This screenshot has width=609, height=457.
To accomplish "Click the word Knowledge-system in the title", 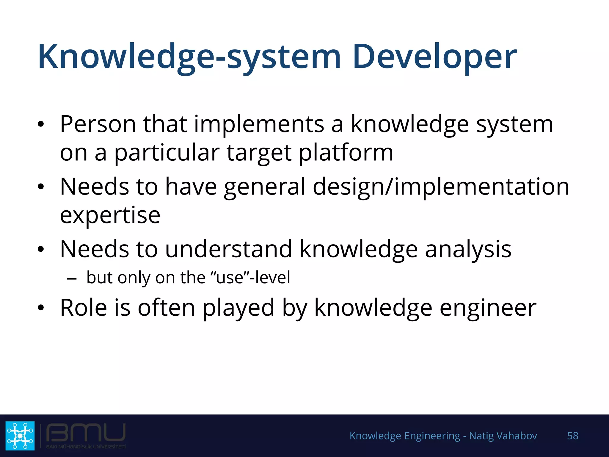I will (189, 57).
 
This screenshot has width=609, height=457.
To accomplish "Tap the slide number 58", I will (572, 436).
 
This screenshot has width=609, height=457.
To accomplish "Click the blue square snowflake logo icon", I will (20, 436).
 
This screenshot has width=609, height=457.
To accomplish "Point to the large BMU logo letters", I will (86, 433).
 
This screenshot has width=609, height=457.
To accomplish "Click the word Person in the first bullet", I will (98, 124).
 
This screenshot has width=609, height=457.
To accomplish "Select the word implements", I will (259, 124).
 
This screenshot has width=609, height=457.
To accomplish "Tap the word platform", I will (346, 153).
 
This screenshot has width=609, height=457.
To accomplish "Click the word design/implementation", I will (441, 187).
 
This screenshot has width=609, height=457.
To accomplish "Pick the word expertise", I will (110, 215).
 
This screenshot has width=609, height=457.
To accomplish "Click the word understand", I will (228, 249).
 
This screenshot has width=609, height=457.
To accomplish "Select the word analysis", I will (468, 249).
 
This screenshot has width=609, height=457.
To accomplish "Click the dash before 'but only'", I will (72, 279).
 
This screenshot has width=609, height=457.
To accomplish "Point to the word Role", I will (83, 308).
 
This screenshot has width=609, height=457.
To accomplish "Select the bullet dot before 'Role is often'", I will (41, 308).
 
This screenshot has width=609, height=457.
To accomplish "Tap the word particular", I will (167, 153).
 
